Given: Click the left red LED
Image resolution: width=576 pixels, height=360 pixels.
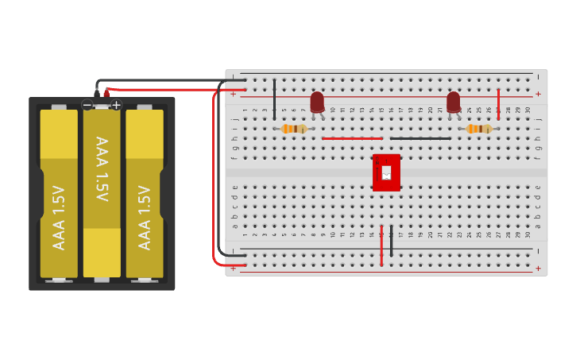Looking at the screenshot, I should [317, 101].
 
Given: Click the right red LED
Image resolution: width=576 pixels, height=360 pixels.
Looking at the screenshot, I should [453, 102].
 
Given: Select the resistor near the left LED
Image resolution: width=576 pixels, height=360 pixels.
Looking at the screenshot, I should [294, 129].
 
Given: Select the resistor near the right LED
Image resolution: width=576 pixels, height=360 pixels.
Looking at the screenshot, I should [479, 129].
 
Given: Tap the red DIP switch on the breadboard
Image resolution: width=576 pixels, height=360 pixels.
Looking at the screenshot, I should [386, 172].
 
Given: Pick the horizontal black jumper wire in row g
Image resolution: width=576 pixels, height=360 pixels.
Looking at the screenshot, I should [420, 138].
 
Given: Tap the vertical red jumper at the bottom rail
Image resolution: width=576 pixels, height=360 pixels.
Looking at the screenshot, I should [381, 246].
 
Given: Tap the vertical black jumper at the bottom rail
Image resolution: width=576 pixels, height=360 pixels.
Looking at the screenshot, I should [391, 240].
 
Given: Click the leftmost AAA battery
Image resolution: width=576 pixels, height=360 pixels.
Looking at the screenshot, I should [59, 194].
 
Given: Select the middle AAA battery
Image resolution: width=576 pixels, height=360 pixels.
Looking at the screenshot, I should [102, 194].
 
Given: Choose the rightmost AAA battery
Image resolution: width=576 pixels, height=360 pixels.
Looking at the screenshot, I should [145, 194].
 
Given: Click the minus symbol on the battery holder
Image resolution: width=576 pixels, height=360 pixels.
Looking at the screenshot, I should [87, 105].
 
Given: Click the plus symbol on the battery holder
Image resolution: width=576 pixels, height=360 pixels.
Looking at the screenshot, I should [116, 105].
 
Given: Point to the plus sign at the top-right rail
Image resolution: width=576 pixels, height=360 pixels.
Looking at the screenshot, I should [538, 94].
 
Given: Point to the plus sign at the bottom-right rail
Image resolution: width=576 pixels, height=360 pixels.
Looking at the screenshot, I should [538, 269].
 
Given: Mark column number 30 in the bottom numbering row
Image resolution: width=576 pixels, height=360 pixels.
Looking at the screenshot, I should [528, 235].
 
